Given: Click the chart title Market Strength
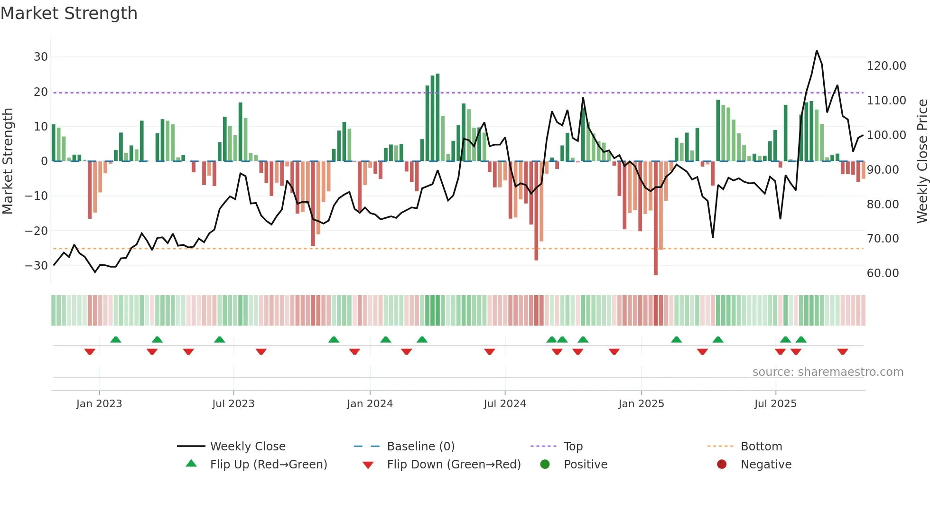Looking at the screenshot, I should (x=69, y=13).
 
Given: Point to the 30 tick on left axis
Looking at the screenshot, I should (x=41, y=57).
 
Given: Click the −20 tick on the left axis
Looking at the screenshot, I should (x=37, y=231).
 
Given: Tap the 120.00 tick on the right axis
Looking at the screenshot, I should (x=886, y=66).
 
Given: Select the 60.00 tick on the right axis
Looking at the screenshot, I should (x=883, y=273).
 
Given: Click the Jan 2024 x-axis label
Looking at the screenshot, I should (x=370, y=404).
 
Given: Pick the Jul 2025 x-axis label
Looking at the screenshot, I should (x=775, y=404).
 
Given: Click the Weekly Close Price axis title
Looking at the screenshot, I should (x=922, y=161).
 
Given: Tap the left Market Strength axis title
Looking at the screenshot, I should (x=8, y=161).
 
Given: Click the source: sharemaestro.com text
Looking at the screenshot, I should (x=828, y=372).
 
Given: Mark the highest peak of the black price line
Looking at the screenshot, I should (x=817, y=51).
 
